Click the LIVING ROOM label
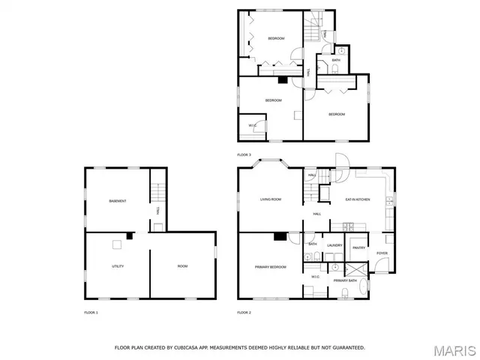pos(270,199)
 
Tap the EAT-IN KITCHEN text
pos(358,199)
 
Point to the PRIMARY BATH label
pos(346,280)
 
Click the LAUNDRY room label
pos(334,245)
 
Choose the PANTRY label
pos(358,247)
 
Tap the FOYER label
pos(382,253)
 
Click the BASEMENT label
pos(117,201)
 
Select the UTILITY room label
pos(118,266)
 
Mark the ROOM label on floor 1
pos(182,266)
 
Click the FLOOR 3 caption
pos(244,154)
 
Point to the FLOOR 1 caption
pos(91,312)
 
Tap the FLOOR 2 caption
pos(244,312)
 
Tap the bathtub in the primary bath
pos(365,287)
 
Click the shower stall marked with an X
pos(357,268)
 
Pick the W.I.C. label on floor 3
pos(253,125)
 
